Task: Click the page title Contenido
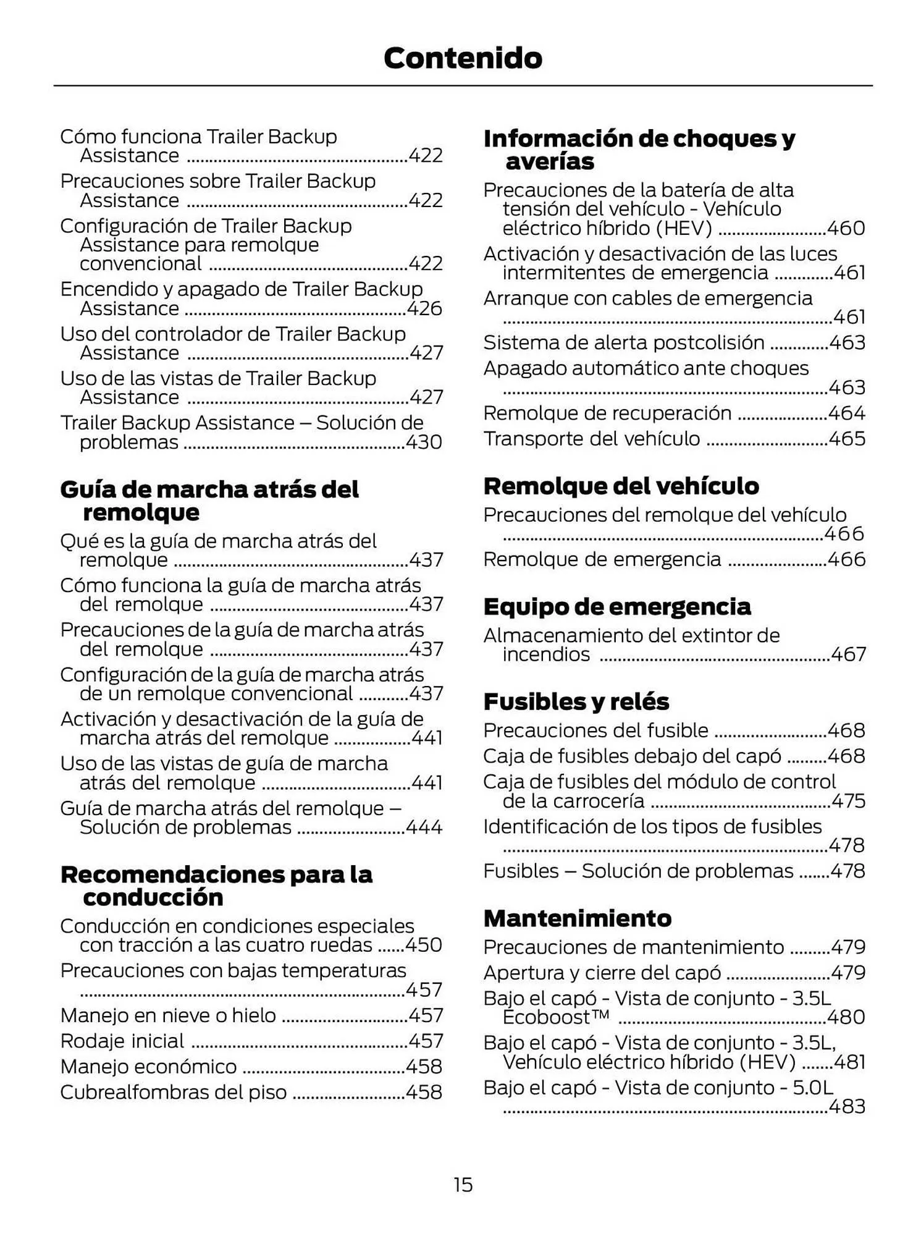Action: [463, 58]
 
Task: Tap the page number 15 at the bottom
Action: [463, 1184]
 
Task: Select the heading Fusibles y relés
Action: [576, 701]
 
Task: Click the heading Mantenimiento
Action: [577, 918]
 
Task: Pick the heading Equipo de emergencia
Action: [616, 606]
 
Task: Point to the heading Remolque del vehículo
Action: [621, 486]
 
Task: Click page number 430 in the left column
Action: [424, 442]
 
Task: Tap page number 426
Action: [424, 308]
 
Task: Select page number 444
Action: [424, 827]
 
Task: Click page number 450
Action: [424, 944]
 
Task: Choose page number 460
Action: [846, 228]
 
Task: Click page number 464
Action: [846, 413]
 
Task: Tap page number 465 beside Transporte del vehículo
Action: [846, 438]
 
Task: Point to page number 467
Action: [848, 654]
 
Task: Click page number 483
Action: [846, 1106]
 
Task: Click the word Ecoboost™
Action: [556, 1017]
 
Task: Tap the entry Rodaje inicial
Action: [122, 1041]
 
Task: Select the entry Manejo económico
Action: [148, 1066]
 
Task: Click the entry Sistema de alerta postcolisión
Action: [623, 342]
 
